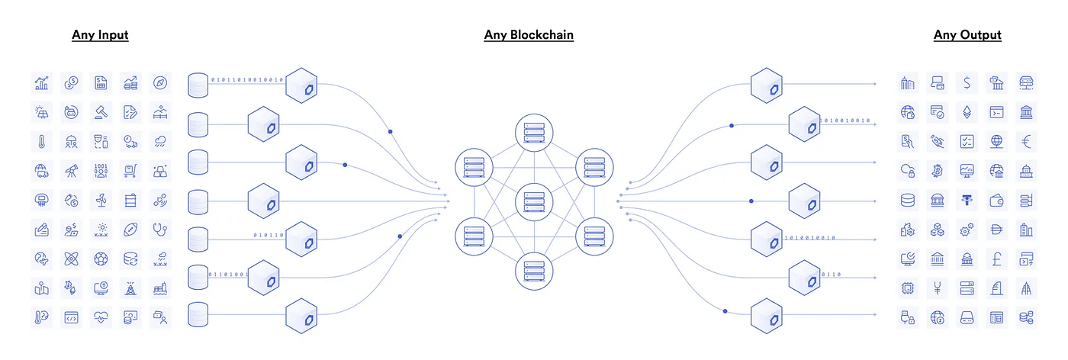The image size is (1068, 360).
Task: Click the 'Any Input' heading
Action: pyautogui.click(x=100, y=35)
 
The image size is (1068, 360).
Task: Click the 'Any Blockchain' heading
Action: pyautogui.click(x=529, y=35)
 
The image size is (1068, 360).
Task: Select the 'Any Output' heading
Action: pyautogui.click(x=967, y=35)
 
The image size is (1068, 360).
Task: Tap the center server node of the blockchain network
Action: pyautogui.click(x=532, y=202)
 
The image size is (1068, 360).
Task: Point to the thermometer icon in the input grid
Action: pyautogui.click(x=41, y=141)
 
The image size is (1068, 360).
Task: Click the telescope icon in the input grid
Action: pyautogui.click(x=71, y=171)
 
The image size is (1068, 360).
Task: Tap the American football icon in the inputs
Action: pyautogui.click(x=130, y=230)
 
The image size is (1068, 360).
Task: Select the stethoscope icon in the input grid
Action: pyautogui.click(x=160, y=230)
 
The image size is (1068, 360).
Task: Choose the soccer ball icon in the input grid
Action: pyautogui.click(x=101, y=259)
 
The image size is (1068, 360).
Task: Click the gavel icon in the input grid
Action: pyautogui.click(x=101, y=111)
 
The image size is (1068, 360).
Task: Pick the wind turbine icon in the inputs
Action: pyautogui.click(x=101, y=201)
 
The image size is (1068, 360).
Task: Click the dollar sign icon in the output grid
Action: pyautogui.click(x=967, y=82)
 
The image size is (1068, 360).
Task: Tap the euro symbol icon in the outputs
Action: pyautogui.click(x=1026, y=141)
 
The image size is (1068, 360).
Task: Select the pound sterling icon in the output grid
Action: pyautogui.click(x=996, y=259)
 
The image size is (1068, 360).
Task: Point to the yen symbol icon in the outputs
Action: pyautogui.click(x=937, y=288)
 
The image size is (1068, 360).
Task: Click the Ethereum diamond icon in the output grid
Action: pyautogui.click(x=967, y=111)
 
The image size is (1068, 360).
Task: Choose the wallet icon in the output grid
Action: pyautogui.click(x=996, y=201)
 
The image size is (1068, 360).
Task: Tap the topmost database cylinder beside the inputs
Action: pyautogui.click(x=198, y=85)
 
